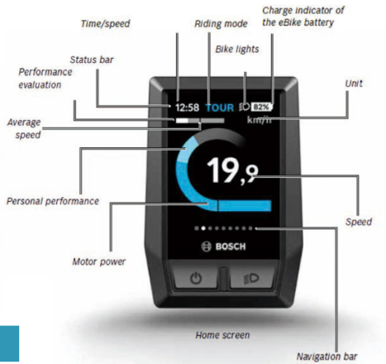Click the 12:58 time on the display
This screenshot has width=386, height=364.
pyautogui.click(x=187, y=108)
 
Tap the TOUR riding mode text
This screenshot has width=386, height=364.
pyautogui.click(x=220, y=108)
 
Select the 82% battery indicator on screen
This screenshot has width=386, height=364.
pyautogui.click(x=262, y=107)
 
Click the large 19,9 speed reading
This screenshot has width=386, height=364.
pyautogui.click(x=232, y=170)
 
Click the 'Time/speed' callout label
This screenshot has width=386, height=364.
pyautogui.click(x=105, y=24)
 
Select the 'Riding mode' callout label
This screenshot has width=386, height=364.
pyautogui.click(x=221, y=24)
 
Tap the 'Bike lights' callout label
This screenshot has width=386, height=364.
pyautogui.click(x=237, y=50)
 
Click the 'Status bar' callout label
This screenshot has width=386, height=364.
pyautogui.click(x=92, y=60)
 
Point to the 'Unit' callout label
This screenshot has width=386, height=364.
pyautogui.click(x=354, y=84)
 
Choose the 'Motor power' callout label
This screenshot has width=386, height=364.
pyautogui.click(x=98, y=261)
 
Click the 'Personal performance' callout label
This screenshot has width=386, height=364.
pyautogui.click(x=53, y=201)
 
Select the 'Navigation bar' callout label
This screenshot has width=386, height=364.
pyautogui.click(x=326, y=357)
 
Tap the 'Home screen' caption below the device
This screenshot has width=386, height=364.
pyautogui.click(x=222, y=335)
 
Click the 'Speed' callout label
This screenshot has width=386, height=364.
pyautogui.click(x=359, y=222)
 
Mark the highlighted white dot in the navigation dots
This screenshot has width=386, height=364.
pyautogui.click(x=203, y=228)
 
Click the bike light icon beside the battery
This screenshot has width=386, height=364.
pyautogui.click(x=244, y=107)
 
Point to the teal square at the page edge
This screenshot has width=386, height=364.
pyautogui.click(x=9, y=343)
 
